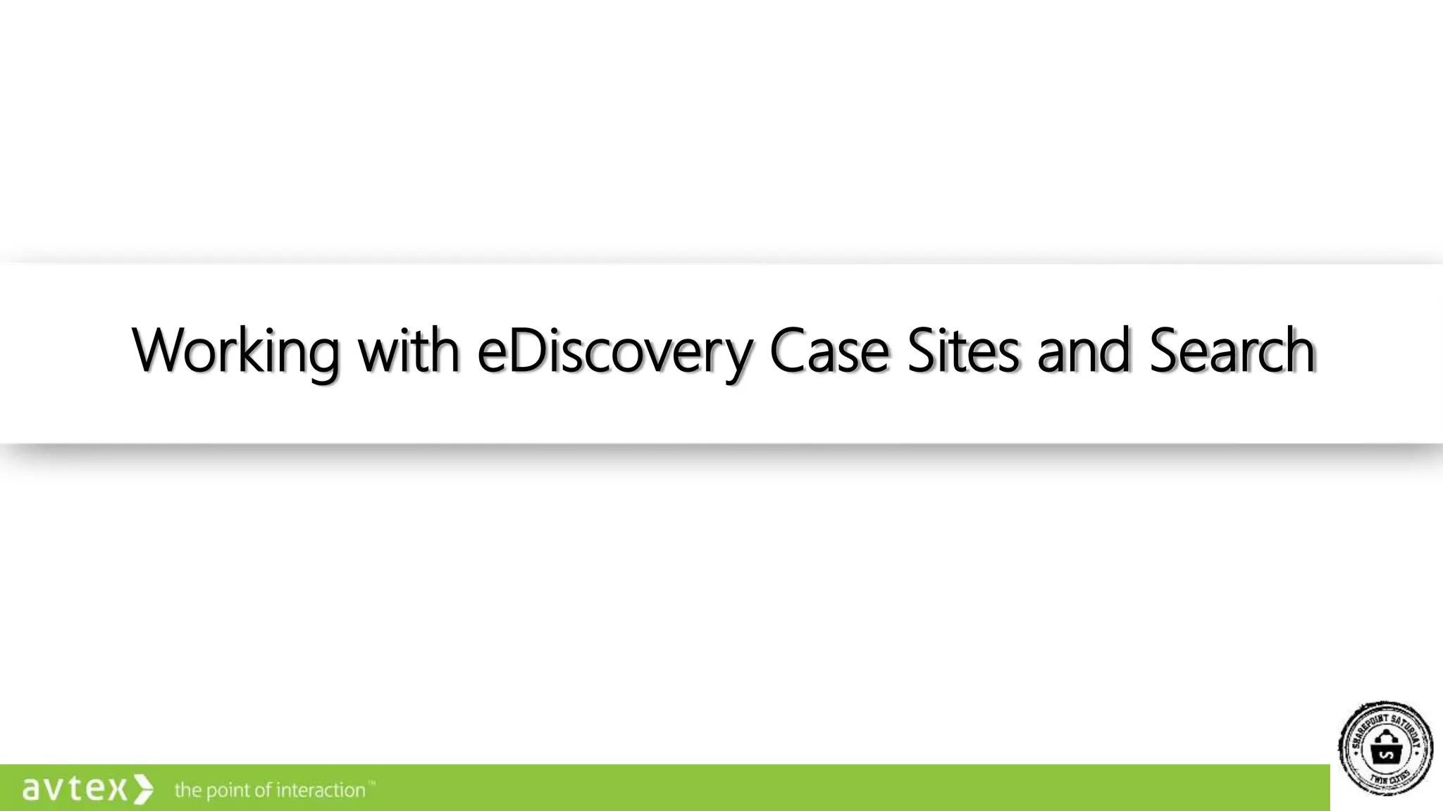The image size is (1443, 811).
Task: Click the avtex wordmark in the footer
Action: point(75,789)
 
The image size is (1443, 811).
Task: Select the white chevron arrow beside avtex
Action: point(143,789)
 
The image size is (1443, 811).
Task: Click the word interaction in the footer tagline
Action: point(320,790)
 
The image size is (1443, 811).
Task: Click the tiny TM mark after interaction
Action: point(371,783)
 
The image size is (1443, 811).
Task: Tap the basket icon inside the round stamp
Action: point(1386,750)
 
